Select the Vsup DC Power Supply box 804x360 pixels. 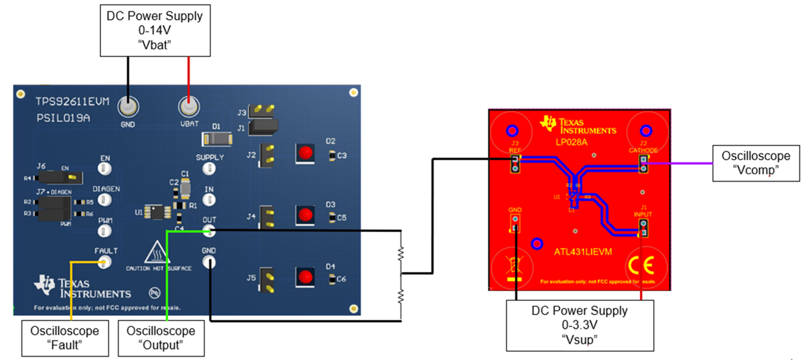click(x=580, y=324)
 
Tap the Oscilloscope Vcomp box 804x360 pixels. click(x=756, y=162)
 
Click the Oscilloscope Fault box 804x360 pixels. click(x=64, y=337)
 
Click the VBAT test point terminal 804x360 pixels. click(x=189, y=107)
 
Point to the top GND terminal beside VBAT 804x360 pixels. click(x=127, y=107)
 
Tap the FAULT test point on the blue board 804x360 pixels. click(x=105, y=261)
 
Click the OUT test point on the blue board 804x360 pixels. click(x=209, y=231)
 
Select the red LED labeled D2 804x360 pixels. click(x=305, y=152)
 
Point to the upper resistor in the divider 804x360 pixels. click(x=401, y=253)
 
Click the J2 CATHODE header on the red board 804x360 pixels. click(x=644, y=164)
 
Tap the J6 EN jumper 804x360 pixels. click(x=58, y=177)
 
